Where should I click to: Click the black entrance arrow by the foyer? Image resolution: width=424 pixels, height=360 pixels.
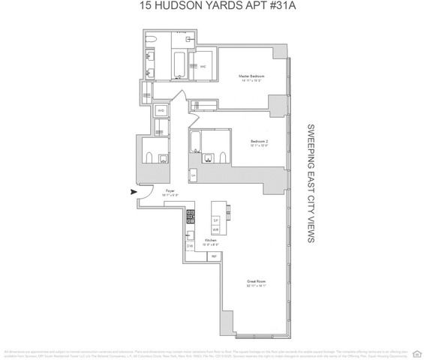click(135, 191)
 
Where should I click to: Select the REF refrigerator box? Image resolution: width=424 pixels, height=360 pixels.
click(214, 256)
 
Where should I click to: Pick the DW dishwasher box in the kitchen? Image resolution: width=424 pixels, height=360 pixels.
click(189, 245)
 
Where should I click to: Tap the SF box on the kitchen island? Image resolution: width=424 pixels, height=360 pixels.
click(215, 220)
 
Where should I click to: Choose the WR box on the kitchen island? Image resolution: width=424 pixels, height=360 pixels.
click(215, 229)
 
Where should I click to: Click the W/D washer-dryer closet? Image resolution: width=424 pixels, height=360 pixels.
click(161, 110)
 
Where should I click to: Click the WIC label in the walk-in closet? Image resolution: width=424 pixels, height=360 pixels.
click(203, 64)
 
